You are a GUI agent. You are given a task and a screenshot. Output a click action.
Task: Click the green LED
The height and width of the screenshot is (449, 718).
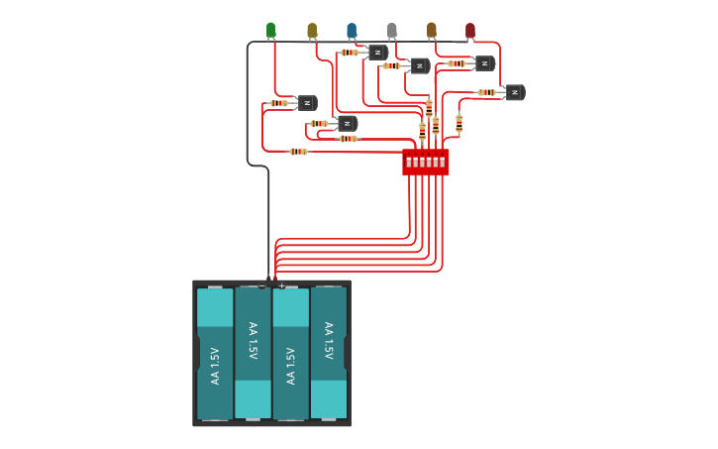tap(270, 30)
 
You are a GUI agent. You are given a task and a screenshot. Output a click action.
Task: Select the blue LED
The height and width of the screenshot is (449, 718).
tap(352, 31)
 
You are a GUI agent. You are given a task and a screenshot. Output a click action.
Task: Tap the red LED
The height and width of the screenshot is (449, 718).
tap(470, 31)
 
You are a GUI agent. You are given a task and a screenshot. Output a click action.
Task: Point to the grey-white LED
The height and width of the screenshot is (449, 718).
tap(391, 31)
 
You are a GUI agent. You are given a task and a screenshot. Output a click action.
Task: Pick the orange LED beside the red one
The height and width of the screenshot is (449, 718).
tap(432, 31)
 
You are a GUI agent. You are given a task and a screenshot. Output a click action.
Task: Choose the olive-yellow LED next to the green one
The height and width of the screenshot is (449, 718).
tap(312, 31)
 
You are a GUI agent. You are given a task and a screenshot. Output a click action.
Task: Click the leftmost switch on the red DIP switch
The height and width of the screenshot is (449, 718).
tap(409, 162)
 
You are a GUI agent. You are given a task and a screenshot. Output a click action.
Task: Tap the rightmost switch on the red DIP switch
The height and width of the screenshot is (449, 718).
tap(442, 162)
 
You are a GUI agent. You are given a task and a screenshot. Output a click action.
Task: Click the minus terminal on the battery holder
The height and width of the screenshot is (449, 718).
tap(261, 286)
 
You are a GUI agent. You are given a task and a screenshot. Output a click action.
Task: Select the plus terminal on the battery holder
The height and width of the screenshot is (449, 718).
tap(281, 286)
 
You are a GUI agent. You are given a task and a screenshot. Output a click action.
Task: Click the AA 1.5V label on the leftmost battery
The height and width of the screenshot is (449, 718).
tap(215, 366)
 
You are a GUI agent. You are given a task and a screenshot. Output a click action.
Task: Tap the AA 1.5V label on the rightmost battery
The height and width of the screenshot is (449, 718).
tap(328, 340)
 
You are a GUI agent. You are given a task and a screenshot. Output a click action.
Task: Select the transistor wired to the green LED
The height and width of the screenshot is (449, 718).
tap(307, 103)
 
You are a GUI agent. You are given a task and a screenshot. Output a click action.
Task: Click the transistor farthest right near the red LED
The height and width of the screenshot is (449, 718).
tap(514, 92)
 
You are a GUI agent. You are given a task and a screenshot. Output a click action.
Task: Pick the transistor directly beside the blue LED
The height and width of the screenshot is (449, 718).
tap(377, 53)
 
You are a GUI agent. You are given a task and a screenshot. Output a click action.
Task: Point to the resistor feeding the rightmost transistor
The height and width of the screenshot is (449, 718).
tap(486, 92)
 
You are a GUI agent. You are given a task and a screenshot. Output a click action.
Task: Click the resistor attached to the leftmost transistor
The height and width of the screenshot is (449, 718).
tap(279, 103)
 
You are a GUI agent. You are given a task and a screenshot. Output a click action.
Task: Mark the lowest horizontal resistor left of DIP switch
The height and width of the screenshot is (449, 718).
tap(298, 152)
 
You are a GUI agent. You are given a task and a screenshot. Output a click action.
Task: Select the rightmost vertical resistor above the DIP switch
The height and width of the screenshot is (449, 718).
tap(459, 123)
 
